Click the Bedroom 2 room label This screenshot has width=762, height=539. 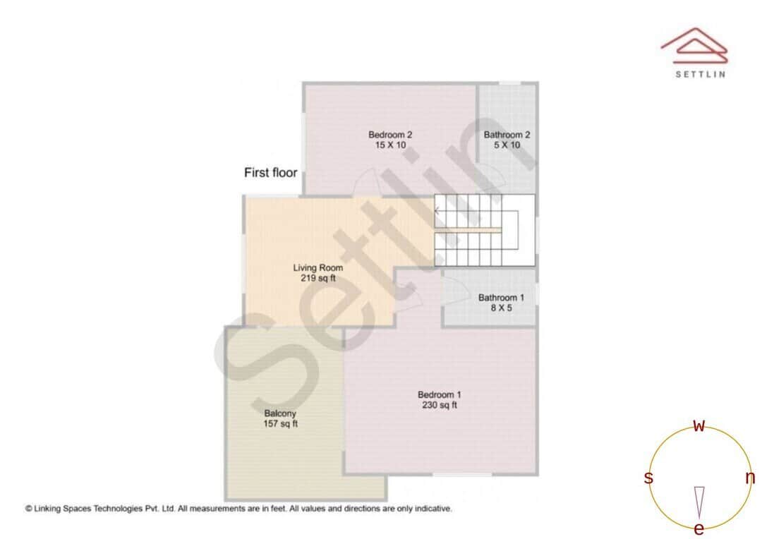click(x=390, y=135)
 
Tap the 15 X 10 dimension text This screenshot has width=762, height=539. click(x=390, y=145)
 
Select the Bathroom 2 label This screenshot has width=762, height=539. click(x=507, y=135)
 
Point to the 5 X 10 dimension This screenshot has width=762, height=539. click(x=507, y=145)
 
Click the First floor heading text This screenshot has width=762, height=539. click(x=270, y=172)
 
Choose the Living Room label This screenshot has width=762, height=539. click(x=318, y=268)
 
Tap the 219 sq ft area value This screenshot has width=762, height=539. click(x=318, y=279)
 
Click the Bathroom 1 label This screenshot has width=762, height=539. click(x=501, y=298)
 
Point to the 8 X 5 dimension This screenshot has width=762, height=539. click(x=501, y=308)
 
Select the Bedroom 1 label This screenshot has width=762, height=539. click(x=439, y=395)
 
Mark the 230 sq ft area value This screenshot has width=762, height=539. click(x=439, y=406)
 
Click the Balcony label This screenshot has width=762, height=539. click(x=280, y=413)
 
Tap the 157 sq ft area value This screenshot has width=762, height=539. click(x=280, y=424)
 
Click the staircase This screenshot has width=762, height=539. click(x=483, y=230)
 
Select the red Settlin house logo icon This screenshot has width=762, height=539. click(x=694, y=44)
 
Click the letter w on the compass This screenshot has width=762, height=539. click(x=699, y=425)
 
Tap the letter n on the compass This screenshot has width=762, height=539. click(x=750, y=478)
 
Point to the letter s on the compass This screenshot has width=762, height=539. click(x=648, y=478)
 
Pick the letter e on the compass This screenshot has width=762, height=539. click(x=699, y=529)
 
